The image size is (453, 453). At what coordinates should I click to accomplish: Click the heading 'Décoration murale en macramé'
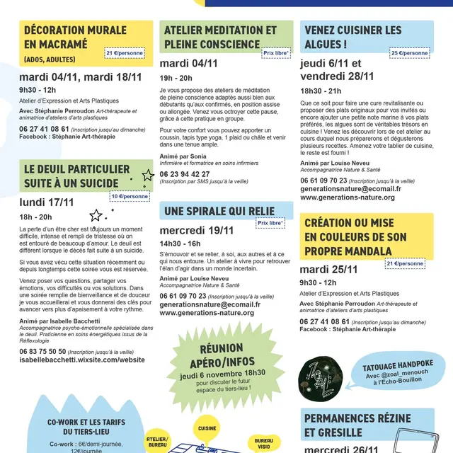(x=76, y=38)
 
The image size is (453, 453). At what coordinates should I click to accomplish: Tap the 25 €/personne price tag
(x=410, y=53)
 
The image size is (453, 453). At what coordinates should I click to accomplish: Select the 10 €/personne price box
(x=130, y=196)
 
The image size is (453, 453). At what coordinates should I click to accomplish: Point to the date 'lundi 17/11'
(x=47, y=202)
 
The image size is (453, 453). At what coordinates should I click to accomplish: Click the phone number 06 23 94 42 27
(x=185, y=173)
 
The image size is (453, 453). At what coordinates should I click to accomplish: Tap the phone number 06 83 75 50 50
(x=43, y=351)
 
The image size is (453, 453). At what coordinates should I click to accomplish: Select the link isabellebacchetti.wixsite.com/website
(x=82, y=360)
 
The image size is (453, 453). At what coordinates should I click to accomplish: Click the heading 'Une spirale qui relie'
(x=219, y=211)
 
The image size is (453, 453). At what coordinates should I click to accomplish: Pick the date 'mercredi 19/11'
(x=197, y=230)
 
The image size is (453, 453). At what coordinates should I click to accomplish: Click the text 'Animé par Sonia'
(x=183, y=156)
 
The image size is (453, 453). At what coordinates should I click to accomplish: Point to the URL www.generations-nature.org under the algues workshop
(x=348, y=197)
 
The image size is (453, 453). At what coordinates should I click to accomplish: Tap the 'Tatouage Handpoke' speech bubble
(x=403, y=374)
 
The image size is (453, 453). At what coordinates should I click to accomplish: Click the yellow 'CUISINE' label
(x=207, y=428)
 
